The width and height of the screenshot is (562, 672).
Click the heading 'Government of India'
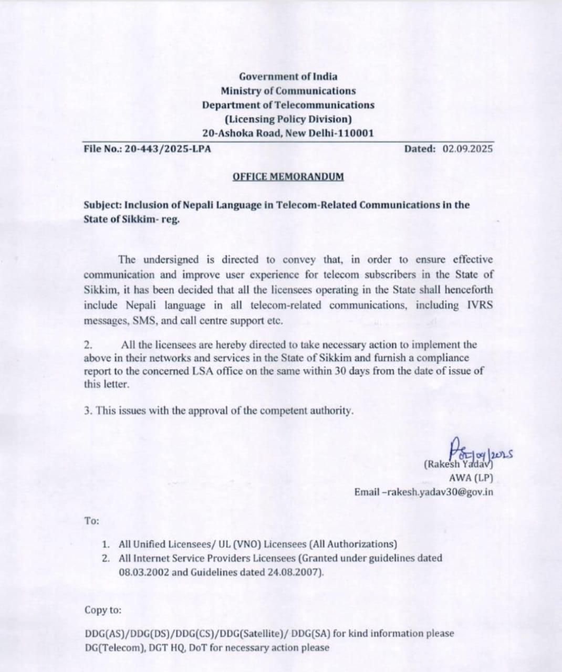click(x=288, y=77)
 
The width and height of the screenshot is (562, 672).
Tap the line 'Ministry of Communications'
click(x=288, y=91)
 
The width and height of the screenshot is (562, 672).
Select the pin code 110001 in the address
click(x=356, y=133)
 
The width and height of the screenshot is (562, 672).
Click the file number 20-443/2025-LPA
click(x=168, y=149)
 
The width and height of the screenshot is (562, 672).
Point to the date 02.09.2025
click(x=467, y=149)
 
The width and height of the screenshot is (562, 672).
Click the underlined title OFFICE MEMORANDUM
click(x=288, y=176)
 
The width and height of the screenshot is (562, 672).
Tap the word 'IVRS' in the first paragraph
click(x=480, y=305)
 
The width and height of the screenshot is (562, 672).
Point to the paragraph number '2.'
click(x=89, y=345)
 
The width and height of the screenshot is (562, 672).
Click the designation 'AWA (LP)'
click(x=471, y=478)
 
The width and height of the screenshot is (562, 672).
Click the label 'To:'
click(x=91, y=521)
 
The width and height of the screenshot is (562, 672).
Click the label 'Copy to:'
click(x=103, y=610)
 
